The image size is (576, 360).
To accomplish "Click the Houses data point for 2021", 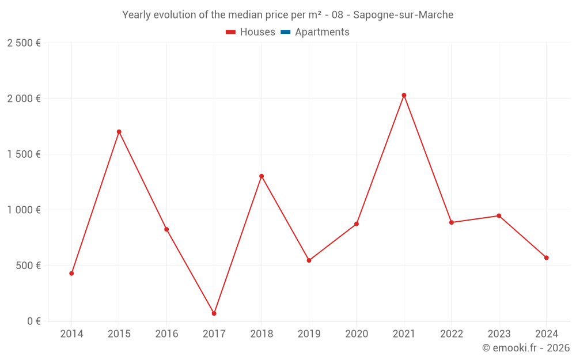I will [x=404, y=95].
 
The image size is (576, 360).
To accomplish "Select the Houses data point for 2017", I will [x=214, y=313].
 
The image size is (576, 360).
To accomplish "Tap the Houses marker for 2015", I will [x=119, y=132].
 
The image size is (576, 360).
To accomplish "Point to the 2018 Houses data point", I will [x=262, y=176].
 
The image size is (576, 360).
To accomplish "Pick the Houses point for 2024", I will [x=546, y=257].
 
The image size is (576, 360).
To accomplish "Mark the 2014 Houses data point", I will [x=71, y=274].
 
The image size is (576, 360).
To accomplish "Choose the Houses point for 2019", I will [x=309, y=260].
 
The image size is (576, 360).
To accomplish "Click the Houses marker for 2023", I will [x=499, y=216].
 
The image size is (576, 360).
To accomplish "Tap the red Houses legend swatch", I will [x=231, y=32].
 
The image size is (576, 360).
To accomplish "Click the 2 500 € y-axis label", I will [x=24, y=43].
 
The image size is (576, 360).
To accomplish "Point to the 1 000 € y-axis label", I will [x=24, y=210].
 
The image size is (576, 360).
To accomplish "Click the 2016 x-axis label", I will [x=166, y=334].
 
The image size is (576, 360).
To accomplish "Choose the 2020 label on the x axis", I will [x=357, y=334].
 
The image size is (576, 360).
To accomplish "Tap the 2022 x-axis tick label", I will [x=452, y=334].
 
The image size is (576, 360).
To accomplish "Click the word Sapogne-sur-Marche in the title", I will [x=403, y=15].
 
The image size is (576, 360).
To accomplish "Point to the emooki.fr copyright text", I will [x=526, y=348].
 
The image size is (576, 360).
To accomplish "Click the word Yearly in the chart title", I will [x=136, y=15].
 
